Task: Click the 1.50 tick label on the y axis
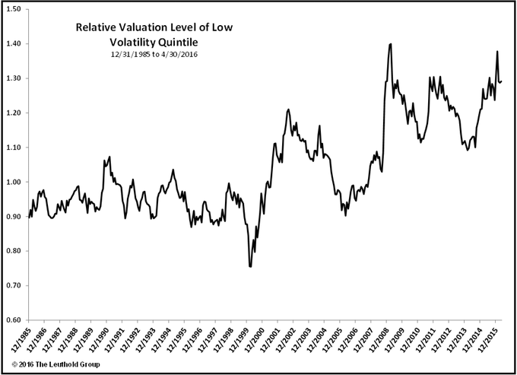point(14,9)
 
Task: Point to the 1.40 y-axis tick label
point(14,43)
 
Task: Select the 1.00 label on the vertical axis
point(14,182)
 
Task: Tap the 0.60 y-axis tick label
point(14,319)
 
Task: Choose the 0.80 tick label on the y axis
point(14,251)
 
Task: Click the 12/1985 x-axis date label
point(21,339)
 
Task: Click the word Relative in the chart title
point(97,27)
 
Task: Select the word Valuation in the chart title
point(151,27)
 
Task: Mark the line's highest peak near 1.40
point(390,44)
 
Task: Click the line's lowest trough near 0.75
point(250,267)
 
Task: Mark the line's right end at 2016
point(502,81)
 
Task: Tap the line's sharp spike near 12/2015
point(497,52)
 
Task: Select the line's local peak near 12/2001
point(288,110)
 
